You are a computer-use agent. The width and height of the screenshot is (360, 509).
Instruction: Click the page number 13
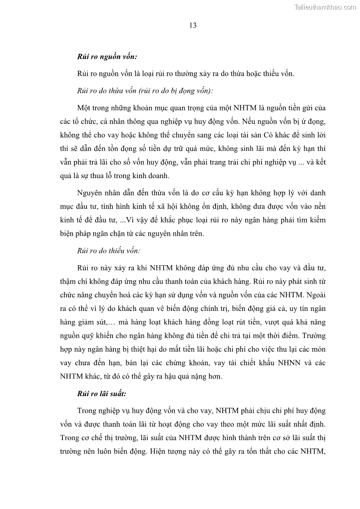[193, 26]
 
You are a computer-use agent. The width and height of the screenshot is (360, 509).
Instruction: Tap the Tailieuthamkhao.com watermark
[326, 7]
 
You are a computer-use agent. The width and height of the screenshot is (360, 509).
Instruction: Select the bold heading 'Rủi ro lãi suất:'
[100, 394]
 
